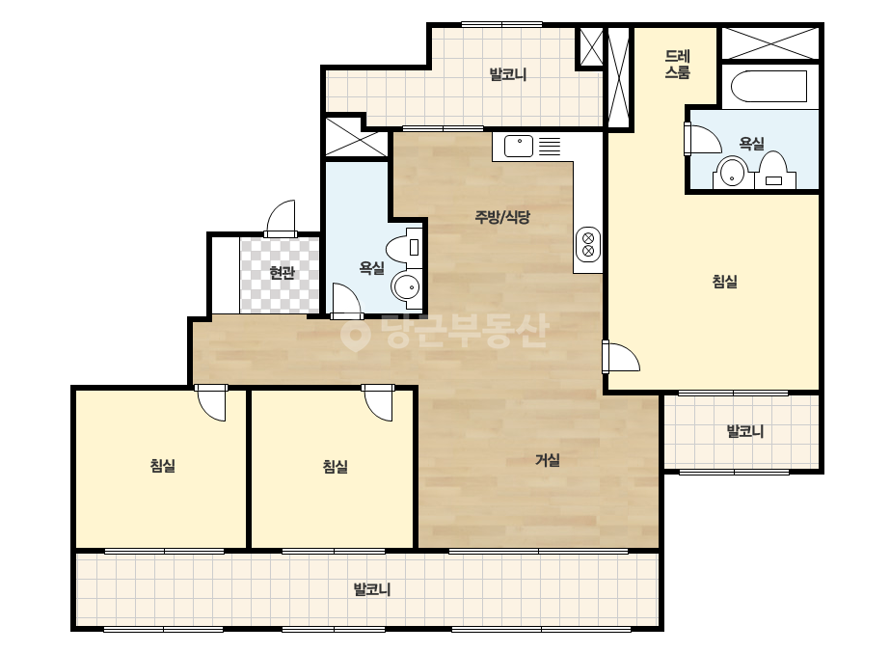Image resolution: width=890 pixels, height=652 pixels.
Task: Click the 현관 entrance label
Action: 282,273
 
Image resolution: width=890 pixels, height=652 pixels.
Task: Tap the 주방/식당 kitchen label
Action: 502,216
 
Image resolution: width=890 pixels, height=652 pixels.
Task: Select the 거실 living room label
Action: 548,460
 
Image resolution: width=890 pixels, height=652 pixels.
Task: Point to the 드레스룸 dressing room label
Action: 678,65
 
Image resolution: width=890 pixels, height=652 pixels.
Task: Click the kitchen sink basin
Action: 519,146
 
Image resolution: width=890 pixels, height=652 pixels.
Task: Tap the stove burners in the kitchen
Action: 588,244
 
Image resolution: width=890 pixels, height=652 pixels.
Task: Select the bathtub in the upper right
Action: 769,86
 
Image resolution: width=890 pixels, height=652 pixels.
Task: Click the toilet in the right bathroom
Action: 773,170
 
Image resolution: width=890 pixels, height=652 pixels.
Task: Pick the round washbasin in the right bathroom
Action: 732,173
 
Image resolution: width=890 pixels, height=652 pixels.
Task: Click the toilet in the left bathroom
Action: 405,247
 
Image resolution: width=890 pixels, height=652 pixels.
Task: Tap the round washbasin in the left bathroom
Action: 406,287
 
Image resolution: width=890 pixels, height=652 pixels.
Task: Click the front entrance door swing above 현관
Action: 281,218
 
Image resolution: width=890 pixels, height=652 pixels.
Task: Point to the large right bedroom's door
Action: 621,357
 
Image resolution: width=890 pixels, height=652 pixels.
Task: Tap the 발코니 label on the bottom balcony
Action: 372,589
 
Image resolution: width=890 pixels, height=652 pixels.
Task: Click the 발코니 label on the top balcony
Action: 508,74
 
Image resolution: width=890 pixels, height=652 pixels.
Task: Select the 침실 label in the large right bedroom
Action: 725,281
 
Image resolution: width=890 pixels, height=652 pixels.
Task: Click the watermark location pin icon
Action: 355,334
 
